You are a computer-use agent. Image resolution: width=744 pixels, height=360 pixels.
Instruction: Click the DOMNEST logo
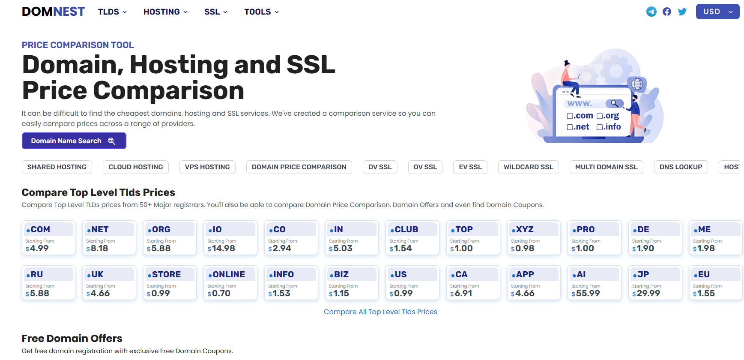point(53,12)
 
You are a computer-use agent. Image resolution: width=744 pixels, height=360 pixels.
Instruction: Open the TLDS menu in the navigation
point(112,12)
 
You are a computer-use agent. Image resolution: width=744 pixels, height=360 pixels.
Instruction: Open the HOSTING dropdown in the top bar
point(165,12)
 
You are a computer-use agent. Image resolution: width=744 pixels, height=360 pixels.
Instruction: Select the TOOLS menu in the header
point(261,12)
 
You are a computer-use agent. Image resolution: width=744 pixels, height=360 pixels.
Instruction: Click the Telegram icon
point(651,12)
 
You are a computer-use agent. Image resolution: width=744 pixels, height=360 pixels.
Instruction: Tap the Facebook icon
point(667,12)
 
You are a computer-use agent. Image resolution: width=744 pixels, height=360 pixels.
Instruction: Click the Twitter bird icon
point(682,12)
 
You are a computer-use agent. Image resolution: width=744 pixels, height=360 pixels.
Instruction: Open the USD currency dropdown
point(717,12)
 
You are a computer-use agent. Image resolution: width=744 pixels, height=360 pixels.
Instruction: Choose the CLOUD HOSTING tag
point(136,167)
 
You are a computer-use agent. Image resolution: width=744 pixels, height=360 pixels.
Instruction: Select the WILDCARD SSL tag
point(529,167)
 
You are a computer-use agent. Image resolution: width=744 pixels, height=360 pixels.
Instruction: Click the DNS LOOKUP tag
point(681,167)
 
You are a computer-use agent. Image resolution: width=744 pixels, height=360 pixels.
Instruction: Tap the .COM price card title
point(38,229)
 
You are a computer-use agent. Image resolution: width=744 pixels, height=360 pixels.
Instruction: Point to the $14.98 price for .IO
point(221,248)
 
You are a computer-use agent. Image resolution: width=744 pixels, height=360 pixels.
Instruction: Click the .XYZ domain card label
point(523,229)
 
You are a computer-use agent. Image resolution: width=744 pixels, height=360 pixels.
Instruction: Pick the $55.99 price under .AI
point(586,293)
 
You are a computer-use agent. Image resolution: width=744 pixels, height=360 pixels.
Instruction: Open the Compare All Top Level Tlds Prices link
point(380,312)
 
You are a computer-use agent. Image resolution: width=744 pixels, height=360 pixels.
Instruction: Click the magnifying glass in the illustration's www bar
point(615,103)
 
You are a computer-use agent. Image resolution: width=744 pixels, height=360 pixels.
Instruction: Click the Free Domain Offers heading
point(72,338)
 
